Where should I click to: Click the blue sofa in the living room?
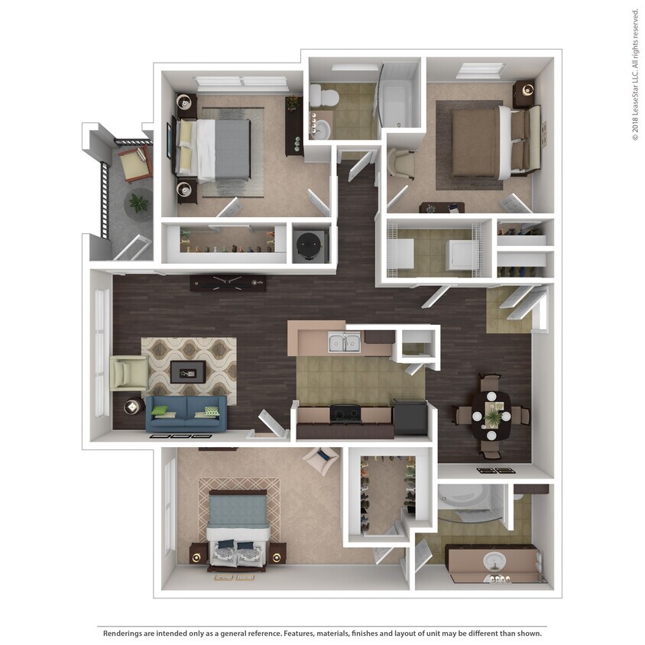(x=186, y=413)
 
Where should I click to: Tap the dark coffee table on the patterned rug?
(x=187, y=371)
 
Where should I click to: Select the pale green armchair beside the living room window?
(x=128, y=372)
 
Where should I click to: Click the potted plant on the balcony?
(x=139, y=203)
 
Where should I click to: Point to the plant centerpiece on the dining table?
(x=494, y=416)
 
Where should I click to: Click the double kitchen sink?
(x=344, y=342)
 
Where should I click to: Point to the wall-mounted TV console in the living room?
(x=228, y=282)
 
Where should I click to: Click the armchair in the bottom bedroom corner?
(x=321, y=460)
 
